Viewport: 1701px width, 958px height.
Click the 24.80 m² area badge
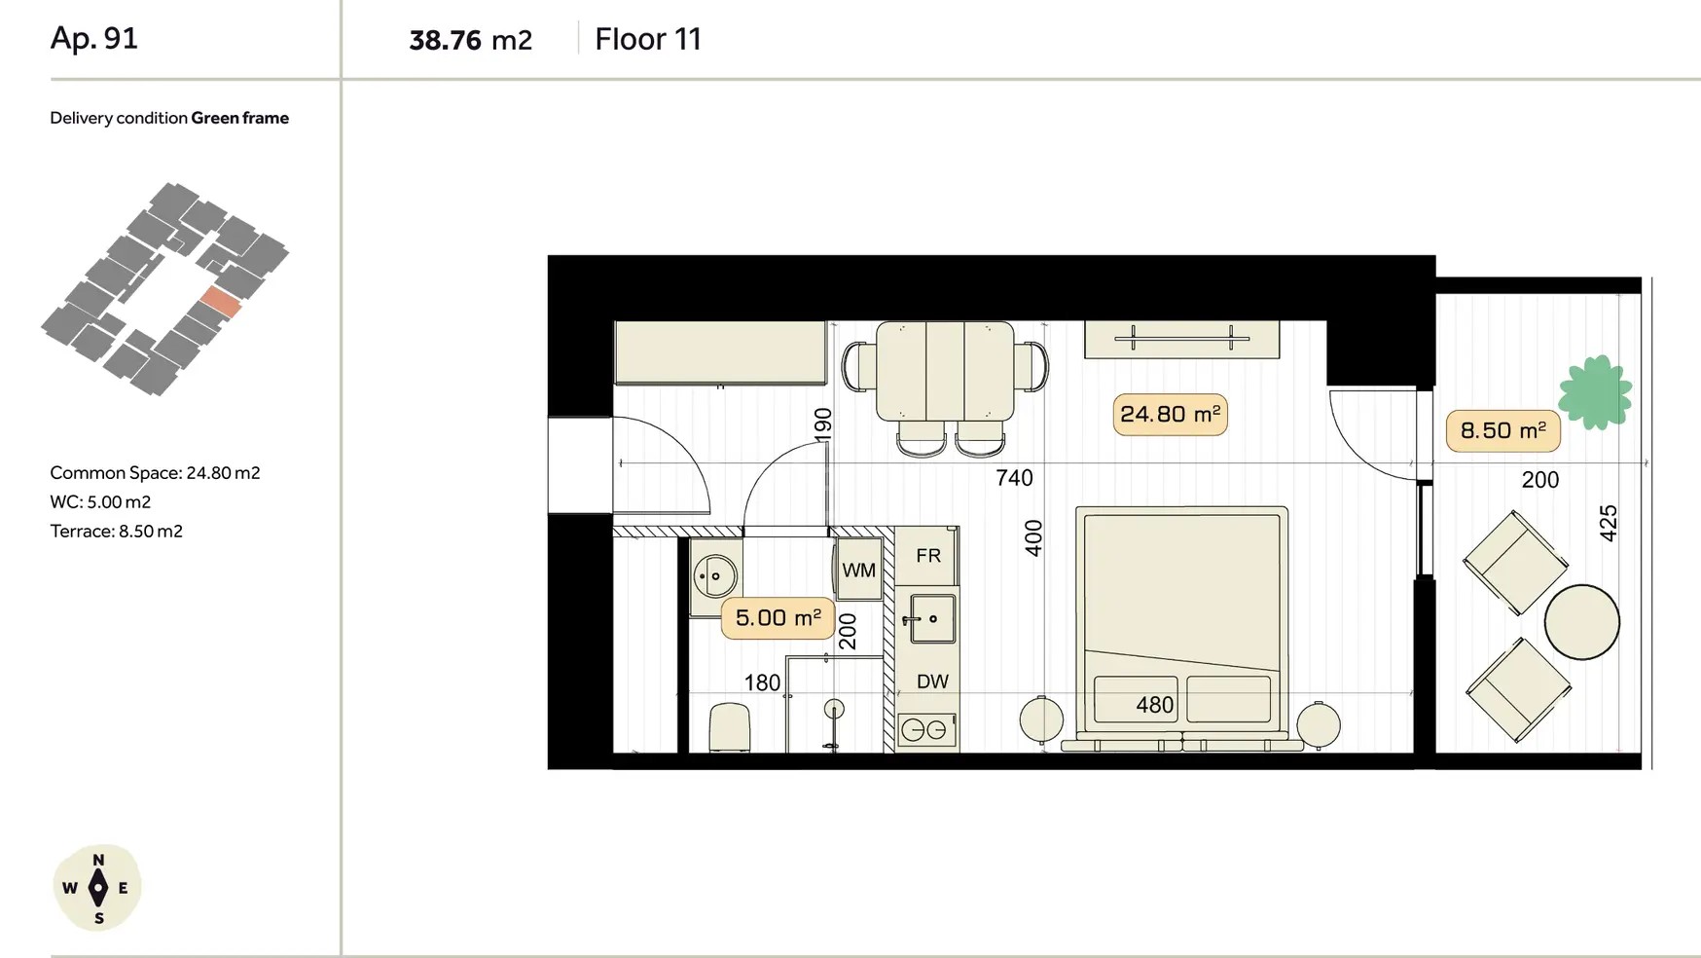pyautogui.click(x=1170, y=415)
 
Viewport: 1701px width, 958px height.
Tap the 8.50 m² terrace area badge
pyautogui.click(x=1502, y=431)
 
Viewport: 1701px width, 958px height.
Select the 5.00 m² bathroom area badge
pyautogui.click(x=778, y=618)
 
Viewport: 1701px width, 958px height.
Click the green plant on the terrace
pyautogui.click(x=1595, y=392)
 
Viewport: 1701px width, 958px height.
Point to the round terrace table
pyautogui.click(x=1581, y=622)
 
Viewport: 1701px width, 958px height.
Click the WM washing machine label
pyautogui.click(x=858, y=571)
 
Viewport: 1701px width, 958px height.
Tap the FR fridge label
pyautogui.click(x=928, y=556)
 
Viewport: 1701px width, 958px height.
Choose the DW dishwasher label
pyautogui.click(x=931, y=682)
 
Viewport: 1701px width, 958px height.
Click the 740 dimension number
pyautogui.click(x=1014, y=478)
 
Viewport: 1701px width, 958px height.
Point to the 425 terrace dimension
pyautogui.click(x=1609, y=523)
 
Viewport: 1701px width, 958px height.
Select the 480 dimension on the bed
pyautogui.click(x=1155, y=705)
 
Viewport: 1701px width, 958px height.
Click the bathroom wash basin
pyautogui.click(x=715, y=576)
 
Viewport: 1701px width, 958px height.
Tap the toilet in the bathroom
pyautogui.click(x=730, y=727)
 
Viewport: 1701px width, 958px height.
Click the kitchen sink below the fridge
pyautogui.click(x=931, y=619)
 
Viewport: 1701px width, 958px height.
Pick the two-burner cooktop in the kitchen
pyautogui.click(x=924, y=729)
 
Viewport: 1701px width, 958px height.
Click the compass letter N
pyautogui.click(x=98, y=861)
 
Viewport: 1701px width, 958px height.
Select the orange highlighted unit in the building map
pyautogui.click(x=221, y=303)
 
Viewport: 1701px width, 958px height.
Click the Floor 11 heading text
pyautogui.click(x=648, y=39)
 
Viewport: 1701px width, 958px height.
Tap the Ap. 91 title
pyautogui.click(x=94, y=38)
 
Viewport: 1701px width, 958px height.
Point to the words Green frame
pyautogui.click(x=239, y=118)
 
